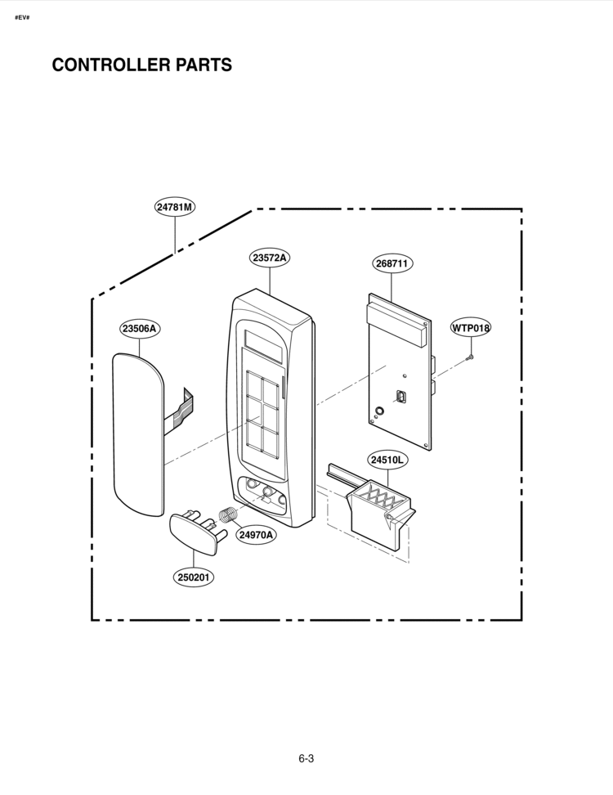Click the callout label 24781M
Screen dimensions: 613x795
[175, 207]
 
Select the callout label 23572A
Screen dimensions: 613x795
[270, 258]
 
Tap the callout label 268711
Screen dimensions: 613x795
[392, 263]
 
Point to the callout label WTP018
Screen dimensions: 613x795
[471, 328]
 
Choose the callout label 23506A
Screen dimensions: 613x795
[139, 329]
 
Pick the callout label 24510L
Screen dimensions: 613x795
[387, 460]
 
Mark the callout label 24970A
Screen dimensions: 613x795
[256, 534]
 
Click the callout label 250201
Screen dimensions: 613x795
[194, 577]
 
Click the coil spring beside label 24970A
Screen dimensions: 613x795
[229, 515]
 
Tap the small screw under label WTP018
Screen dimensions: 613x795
[470, 358]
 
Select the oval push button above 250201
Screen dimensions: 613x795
[193, 532]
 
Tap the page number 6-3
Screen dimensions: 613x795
[306, 758]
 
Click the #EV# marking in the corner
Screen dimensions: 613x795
[22, 18]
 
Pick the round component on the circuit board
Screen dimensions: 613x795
[379, 411]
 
